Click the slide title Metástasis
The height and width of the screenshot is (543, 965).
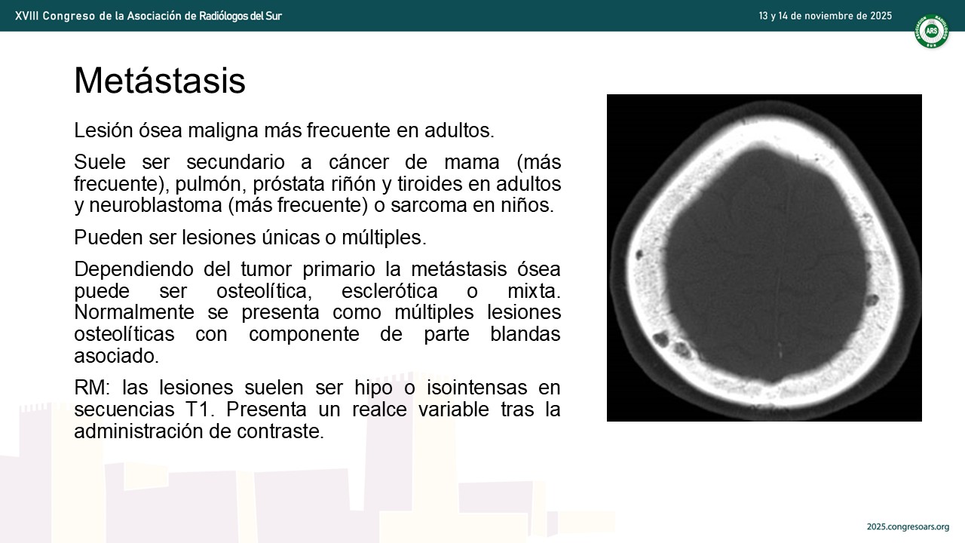[x=160, y=80]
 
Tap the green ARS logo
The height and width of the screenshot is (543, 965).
[x=932, y=31]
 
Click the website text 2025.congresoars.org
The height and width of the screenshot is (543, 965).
[x=908, y=526]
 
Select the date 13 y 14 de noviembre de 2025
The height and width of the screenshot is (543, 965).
[x=826, y=16]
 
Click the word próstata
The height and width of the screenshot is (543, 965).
[x=289, y=185]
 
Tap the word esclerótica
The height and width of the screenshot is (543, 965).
[x=390, y=291]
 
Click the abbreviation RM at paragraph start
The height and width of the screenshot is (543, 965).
[x=92, y=388]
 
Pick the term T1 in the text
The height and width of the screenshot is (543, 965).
[x=200, y=410]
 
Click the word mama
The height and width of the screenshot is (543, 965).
[x=472, y=162]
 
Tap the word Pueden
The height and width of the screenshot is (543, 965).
[x=109, y=238]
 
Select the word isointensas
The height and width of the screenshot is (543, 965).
[x=477, y=388]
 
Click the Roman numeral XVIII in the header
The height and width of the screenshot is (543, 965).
[x=26, y=16]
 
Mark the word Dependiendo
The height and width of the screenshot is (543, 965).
[x=134, y=270]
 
